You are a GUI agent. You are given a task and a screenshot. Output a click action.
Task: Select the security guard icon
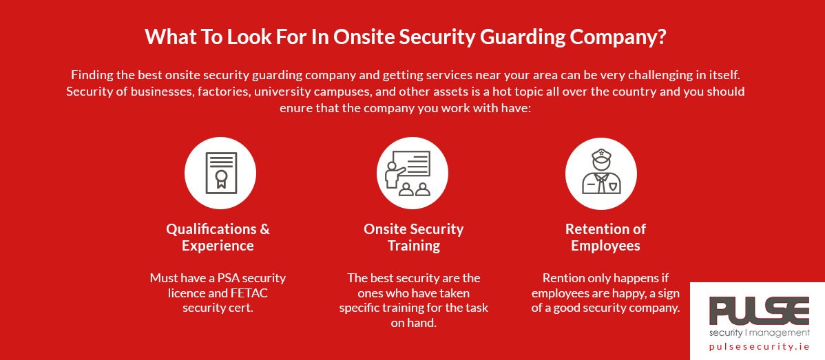(601, 173)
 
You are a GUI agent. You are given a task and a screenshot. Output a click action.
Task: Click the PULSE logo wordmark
(759, 311)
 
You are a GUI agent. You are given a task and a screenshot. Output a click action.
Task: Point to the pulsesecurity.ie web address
(759, 347)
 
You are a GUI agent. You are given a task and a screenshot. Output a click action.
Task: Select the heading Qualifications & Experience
(218, 237)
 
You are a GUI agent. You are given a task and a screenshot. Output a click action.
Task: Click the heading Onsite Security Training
(414, 237)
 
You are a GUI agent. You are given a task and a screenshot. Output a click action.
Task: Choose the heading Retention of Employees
(605, 237)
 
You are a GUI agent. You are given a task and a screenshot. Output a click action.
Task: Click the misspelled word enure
(294, 109)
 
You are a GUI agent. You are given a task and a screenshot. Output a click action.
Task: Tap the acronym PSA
(218, 277)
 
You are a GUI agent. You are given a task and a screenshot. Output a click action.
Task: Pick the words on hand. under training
(414, 323)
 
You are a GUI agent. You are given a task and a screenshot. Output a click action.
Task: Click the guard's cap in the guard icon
(601, 156)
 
